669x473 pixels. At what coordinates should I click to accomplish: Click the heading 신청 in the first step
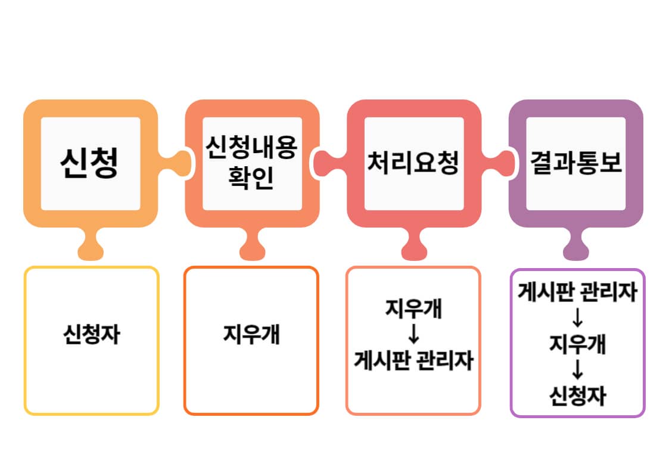coord(90,163)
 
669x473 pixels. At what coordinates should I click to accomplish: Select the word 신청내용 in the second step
coord(251,148)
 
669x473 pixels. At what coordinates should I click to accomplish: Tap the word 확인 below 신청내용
coord(251,178)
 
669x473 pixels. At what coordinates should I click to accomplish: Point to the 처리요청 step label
coord(413,163)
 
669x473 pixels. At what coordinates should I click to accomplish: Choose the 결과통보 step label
coord(575,163)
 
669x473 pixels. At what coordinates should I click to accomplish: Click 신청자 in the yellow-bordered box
coord(91,334)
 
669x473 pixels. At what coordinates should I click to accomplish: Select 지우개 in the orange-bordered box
coord(251,334)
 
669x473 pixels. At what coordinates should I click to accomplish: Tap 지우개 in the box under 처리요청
coord(413,310)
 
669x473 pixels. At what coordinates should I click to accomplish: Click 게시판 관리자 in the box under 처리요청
coord(413,360)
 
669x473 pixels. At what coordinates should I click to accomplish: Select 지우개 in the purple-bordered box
coord(577,344)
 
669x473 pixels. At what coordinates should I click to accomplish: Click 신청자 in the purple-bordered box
coord(577,396)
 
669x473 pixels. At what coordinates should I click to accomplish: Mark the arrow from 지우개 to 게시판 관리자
coord(413,335)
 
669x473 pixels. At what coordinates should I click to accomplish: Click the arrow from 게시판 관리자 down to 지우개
coord(577,319)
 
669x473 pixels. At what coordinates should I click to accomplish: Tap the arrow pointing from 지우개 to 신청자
coord(577,371)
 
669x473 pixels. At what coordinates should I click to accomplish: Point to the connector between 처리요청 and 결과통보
coord(496,162)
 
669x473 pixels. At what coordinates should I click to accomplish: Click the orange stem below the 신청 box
coord(91,244)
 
